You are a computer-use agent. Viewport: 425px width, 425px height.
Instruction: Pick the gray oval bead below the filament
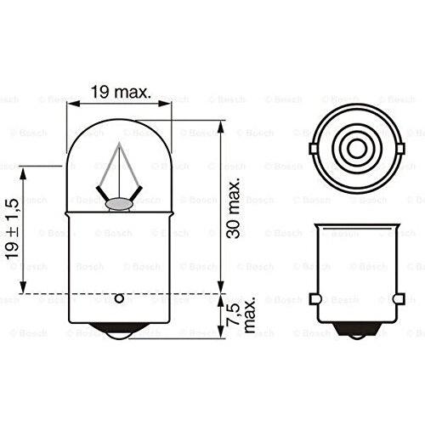click(120, 202)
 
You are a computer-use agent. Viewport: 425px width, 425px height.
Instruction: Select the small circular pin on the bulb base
click(119, 297)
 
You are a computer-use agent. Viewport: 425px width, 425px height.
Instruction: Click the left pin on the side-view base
click(314, 299)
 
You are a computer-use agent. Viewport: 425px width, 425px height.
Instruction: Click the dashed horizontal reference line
click(170, 293)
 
